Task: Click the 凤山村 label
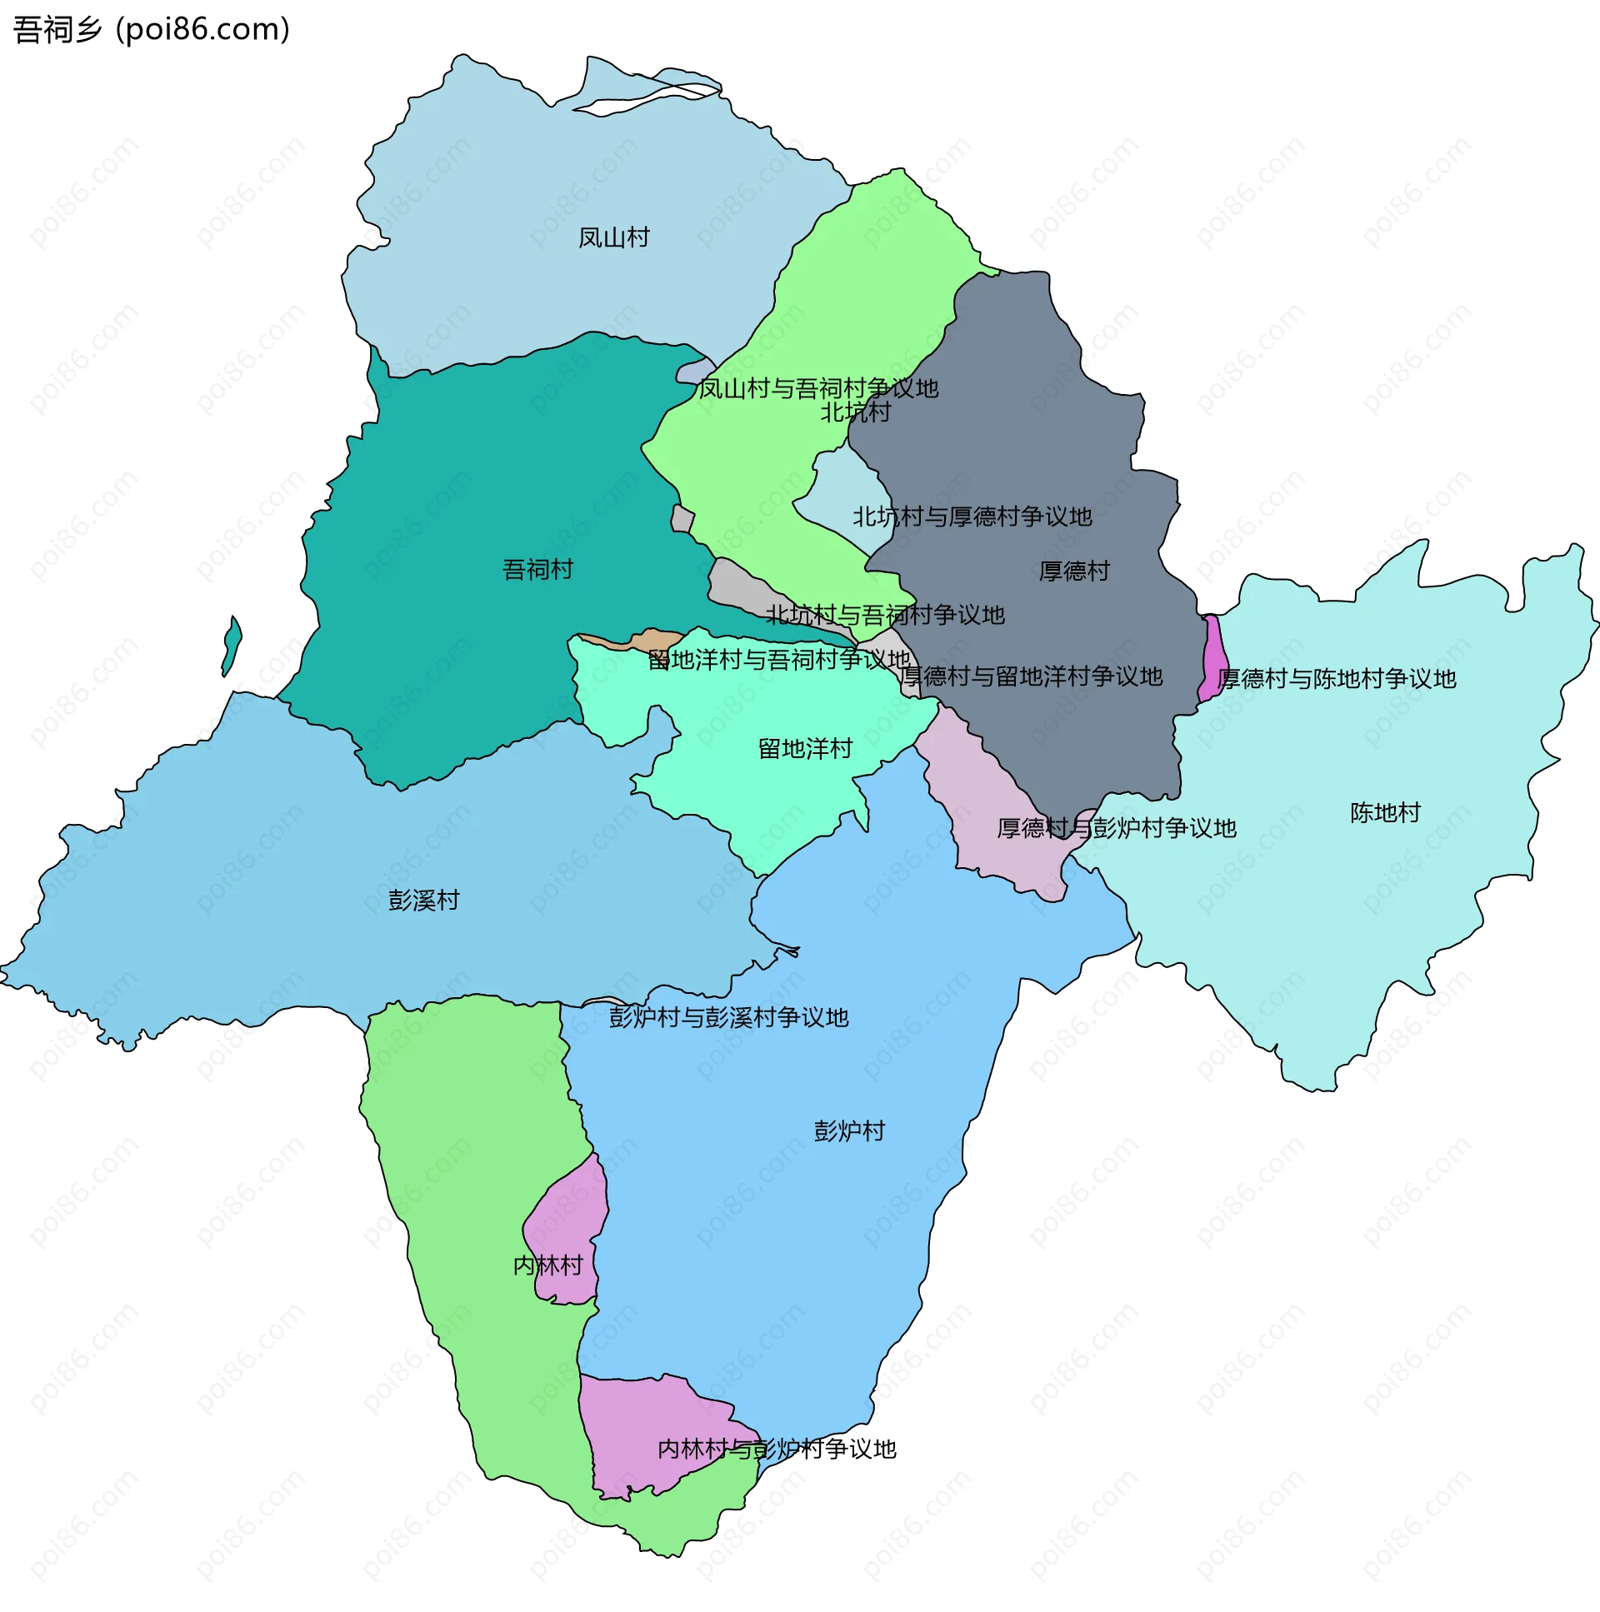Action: click(613, 237)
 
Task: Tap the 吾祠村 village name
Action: click(537, 570)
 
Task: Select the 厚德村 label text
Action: click(1073, 571)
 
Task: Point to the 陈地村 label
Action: click(1385, 813)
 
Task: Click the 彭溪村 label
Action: click(423, 901)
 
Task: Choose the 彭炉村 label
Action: click(849, 1131)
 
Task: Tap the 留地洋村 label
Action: click(805, 748)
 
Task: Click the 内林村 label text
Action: click(547, 1265)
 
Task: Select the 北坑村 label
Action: click(855, 412)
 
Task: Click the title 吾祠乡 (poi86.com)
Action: click(151, 29)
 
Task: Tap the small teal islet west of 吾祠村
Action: click(231, 645)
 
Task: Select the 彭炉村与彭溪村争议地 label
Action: click(727, 1018)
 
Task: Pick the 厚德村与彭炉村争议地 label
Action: click(1116, 829)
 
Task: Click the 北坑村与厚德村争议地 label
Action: click(972, 517)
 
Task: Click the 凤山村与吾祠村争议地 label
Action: click(818, 389)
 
